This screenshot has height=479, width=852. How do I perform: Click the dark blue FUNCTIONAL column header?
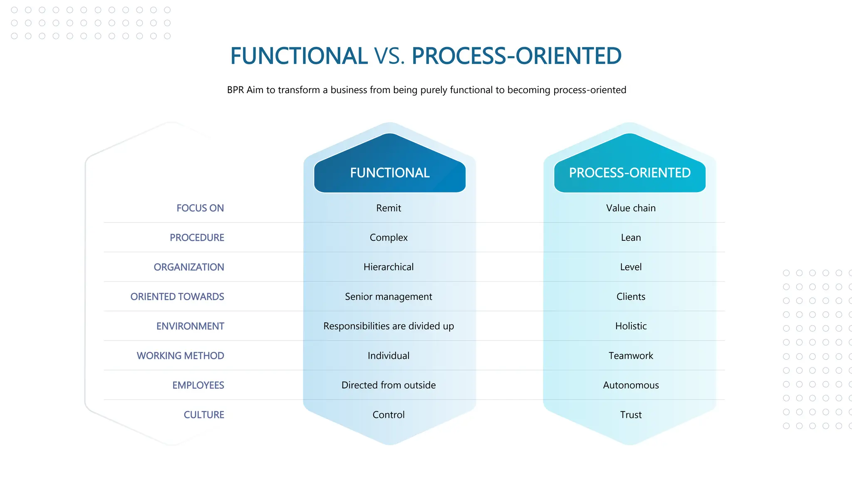coord(389,173)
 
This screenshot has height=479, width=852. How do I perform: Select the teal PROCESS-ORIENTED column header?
coord(629,173)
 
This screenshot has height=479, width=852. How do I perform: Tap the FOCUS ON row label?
coord(200,208)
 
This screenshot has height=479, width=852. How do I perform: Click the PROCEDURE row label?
coord(197,237)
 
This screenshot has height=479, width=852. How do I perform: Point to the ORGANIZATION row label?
coord(189,267)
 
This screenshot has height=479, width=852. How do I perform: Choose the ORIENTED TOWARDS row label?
coord(177,296)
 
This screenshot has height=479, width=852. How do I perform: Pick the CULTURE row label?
coord(204,415)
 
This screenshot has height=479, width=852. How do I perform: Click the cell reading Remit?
coord(389,208)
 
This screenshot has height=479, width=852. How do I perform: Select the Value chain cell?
coord(631,208)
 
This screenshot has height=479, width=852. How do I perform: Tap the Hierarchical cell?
coord(389,267)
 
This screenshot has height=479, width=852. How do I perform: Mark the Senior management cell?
coord(389,296)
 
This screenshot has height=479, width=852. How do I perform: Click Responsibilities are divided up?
coord(389,326)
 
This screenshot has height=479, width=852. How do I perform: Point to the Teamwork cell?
coord(631,356)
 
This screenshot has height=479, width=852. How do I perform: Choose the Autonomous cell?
coord(631,385)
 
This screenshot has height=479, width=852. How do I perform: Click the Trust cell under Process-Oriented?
coord(631,415)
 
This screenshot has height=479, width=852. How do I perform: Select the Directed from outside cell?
coord(389,385)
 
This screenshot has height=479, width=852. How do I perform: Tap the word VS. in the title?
coord(389,56)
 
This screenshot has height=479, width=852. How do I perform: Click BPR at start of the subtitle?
coord(235,90)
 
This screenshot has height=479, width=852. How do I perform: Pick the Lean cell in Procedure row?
coord(631,237)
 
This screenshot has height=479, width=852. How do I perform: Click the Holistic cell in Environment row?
coord(631,326)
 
